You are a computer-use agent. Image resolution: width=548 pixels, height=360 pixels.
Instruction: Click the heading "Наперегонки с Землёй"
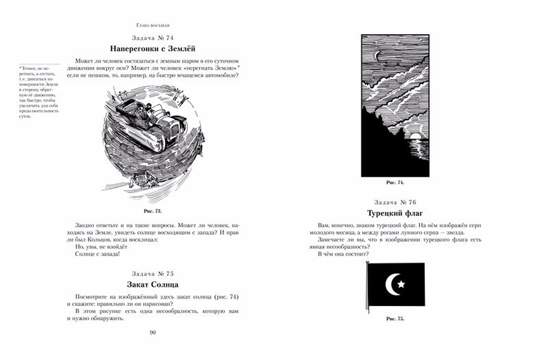153,47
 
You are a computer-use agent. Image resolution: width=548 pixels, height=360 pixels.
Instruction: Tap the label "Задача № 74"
153,36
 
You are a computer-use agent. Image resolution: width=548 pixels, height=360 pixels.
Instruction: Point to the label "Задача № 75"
153,274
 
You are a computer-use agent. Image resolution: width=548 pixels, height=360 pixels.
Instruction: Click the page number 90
153,332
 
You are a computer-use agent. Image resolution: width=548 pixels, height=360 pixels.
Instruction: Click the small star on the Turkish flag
401,285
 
